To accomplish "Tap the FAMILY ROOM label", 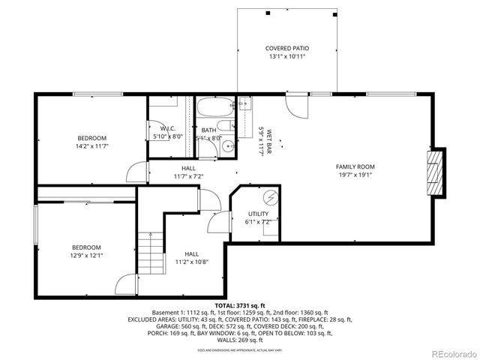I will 355,166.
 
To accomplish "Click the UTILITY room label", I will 258,214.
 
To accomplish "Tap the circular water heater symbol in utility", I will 269,198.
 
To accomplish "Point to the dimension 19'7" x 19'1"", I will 355,175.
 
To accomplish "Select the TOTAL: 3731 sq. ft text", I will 240,306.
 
